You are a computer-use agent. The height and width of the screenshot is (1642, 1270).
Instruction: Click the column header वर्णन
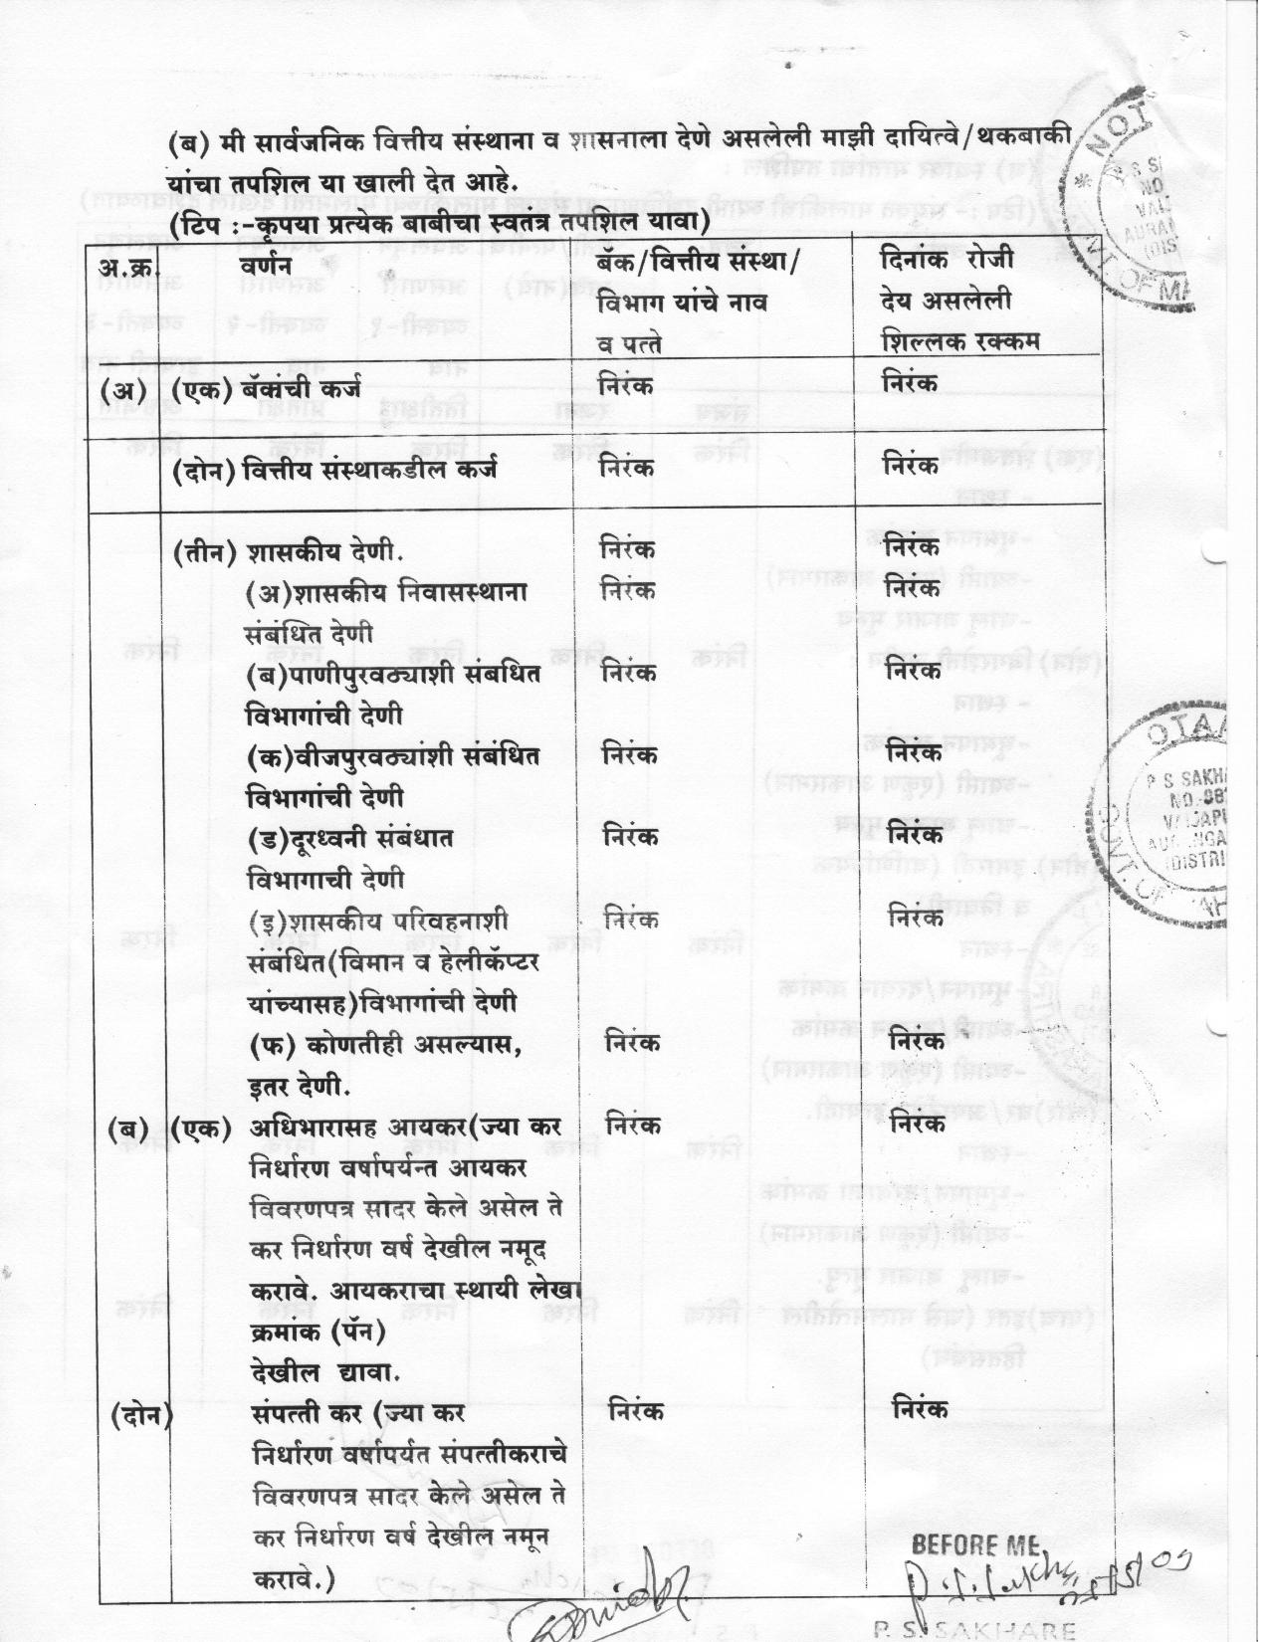(x=265, y=266)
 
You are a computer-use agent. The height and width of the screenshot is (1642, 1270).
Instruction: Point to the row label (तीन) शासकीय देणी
(x=289, y=550)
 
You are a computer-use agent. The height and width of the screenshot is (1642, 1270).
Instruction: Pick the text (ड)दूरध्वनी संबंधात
(x=350, y=838)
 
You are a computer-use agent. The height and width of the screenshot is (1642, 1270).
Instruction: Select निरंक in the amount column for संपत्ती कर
(x=920, y=1408)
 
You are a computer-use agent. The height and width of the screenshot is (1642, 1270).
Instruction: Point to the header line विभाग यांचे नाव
(x=683, y=303)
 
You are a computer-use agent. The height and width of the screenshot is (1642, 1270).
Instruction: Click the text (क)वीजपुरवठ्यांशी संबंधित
(x=393, y=756)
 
